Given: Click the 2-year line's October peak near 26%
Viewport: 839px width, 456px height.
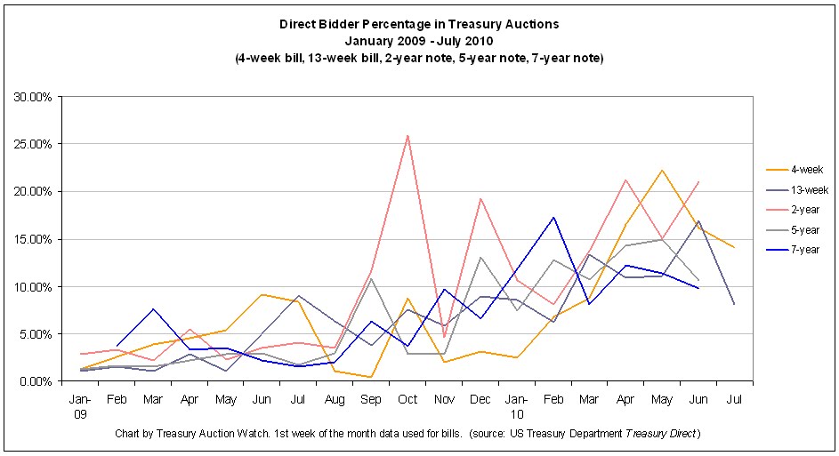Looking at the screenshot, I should (x=407, y=136).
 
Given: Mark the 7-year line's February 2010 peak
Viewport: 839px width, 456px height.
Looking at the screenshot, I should (x=553, y=217).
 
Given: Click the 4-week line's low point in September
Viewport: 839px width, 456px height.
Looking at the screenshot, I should (x=371, y=377).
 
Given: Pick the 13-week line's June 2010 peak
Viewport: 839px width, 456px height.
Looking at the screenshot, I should (x=698, y=220).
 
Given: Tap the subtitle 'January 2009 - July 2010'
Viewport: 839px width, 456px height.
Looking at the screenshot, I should (x=418, y=40).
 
